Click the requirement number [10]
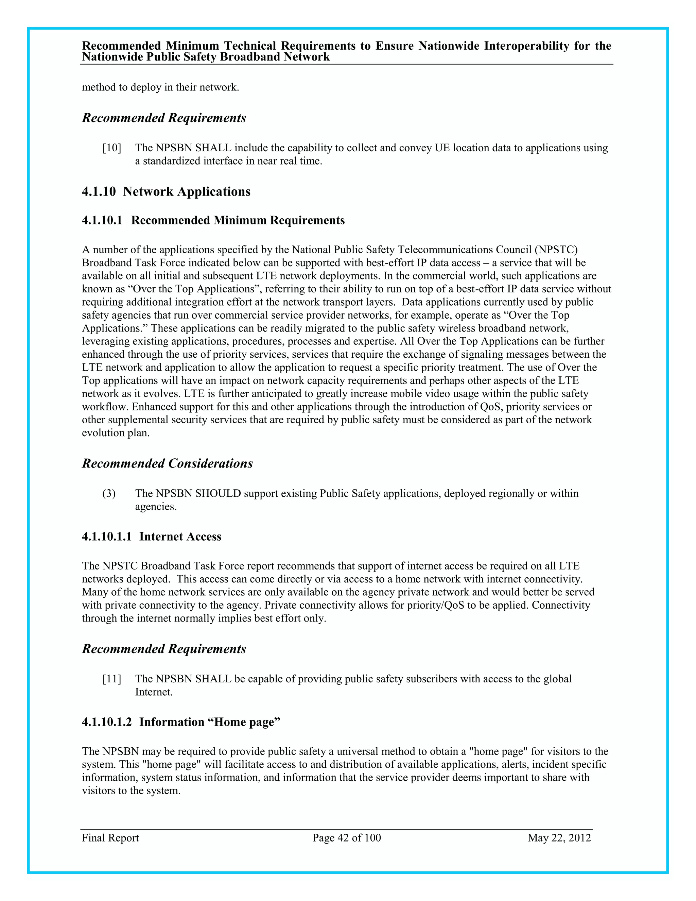coord(112,148)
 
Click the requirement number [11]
coord(112,679)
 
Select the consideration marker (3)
coord(109,494)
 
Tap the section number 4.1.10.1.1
coord(107,537)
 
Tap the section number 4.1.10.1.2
coord(107,722)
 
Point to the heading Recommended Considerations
coord(168,464)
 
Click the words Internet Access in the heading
coord(180,537)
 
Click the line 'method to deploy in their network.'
coord(160,87)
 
